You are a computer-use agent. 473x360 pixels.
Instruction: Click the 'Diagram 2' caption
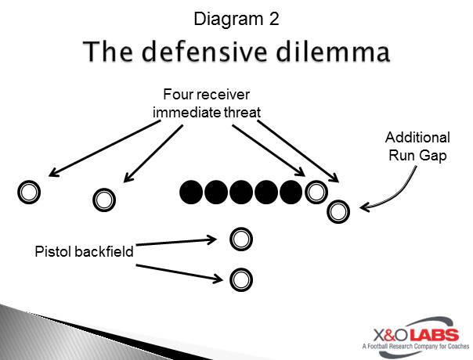point(236,19)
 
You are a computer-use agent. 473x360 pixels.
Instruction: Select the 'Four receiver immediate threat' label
point(207,103)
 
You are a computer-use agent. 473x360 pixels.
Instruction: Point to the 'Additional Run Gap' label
point(418,146)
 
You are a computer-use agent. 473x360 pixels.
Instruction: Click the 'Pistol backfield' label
point(84,251)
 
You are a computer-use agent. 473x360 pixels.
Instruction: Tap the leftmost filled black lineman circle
point(191,192)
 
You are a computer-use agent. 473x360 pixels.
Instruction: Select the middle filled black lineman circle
point(241,192)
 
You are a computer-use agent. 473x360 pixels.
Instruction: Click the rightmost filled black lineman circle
point(291,192)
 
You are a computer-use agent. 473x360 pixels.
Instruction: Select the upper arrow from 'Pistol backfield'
point(176,242)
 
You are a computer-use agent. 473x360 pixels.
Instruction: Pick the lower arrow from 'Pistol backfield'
point(179,272)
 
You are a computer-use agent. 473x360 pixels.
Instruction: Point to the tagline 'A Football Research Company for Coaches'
point(416,346)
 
